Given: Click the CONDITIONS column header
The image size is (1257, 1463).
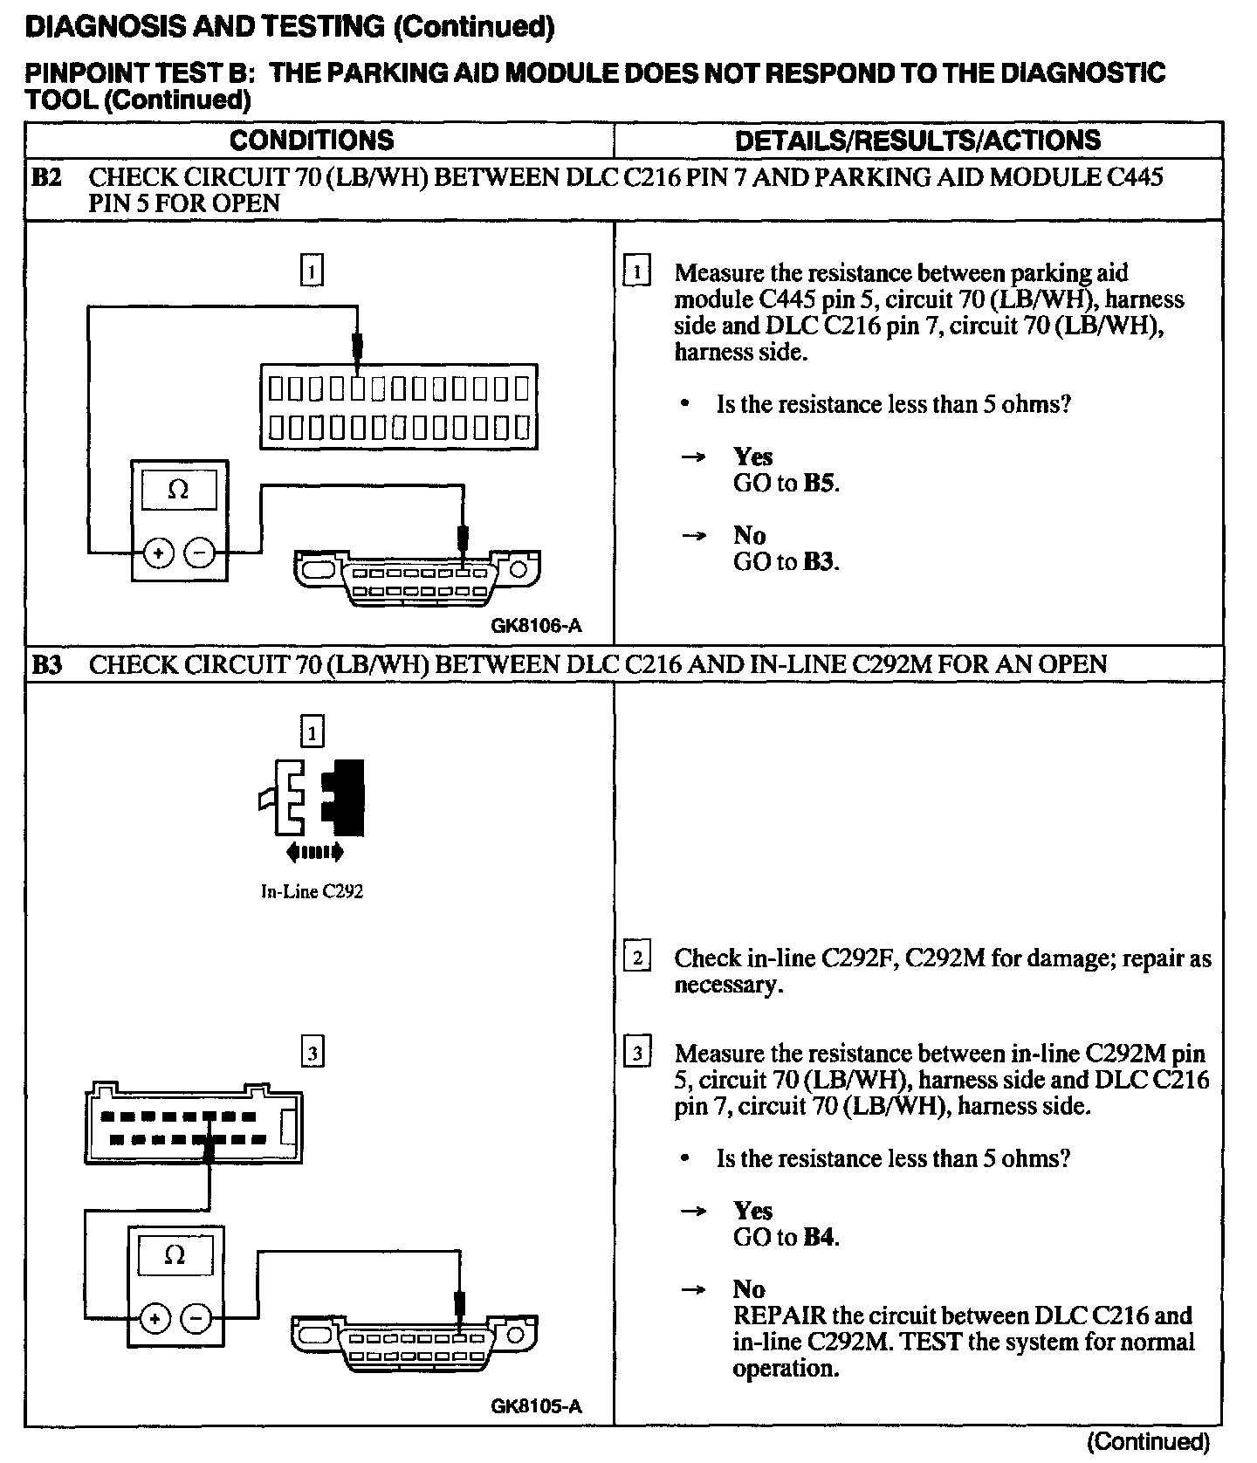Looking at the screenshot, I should (312, 141).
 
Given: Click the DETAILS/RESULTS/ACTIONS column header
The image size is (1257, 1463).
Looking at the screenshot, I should (917, 141).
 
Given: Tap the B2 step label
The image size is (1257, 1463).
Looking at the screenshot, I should (46, 178).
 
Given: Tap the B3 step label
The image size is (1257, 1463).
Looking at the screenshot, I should (46, 665).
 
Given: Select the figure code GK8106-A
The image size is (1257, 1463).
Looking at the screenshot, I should (536, 626).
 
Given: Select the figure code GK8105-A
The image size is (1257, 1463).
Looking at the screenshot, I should (536, 1406).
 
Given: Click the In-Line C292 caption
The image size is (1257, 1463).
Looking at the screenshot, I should (312, 892).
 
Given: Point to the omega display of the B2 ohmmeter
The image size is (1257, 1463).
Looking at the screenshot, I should (178, 490).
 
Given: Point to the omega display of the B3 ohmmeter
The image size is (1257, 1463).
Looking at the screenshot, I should (175, 1256).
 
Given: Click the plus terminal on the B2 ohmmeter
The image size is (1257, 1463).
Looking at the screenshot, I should (158, 553).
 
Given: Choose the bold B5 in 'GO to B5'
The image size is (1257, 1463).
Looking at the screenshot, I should (819, 484).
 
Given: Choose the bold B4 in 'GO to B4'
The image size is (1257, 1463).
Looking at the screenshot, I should (819, 1238).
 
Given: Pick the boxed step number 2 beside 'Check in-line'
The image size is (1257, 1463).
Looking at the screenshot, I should (637, 959).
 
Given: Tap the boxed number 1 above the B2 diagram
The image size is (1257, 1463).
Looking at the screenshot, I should (312, 270).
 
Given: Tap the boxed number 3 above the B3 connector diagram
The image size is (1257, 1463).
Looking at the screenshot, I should (312, 1054).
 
